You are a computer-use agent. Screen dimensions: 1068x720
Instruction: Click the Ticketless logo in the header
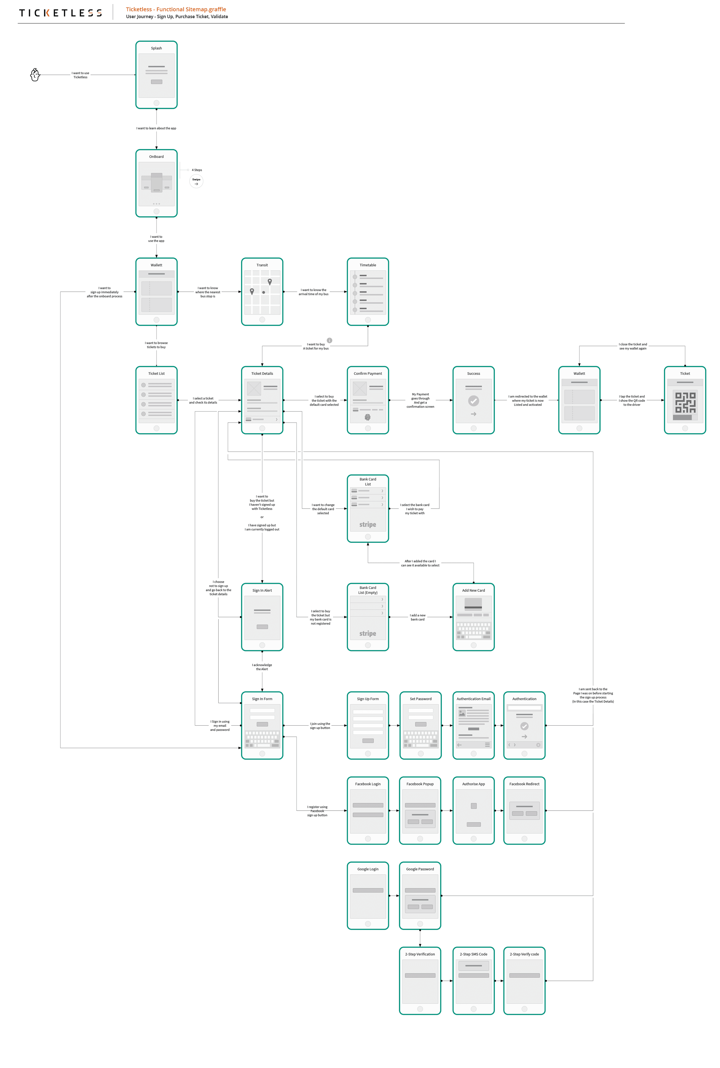pyautogui.click(x=60, y=13)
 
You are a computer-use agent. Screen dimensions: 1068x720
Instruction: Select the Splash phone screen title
pyautogui.click(x=156, y=48)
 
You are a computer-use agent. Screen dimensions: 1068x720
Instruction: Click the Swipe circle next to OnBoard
pyautogui.click(x=196, y=181)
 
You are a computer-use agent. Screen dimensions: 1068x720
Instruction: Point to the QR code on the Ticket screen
pyautogui.click(x=685, y=402)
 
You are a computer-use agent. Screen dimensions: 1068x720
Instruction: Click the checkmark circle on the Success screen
pyautogui.click(x=473, y=401)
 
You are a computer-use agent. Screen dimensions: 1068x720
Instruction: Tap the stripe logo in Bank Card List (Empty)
pyautogui.click(x=367, y=633)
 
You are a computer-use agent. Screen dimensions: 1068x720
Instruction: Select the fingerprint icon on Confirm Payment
pyautogui.click(x=367, y=417)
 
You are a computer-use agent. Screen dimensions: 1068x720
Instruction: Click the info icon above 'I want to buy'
pyautogui.click(x=329, y=340)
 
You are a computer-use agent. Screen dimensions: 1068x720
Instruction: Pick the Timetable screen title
pyautogui.click(x=367, y=265)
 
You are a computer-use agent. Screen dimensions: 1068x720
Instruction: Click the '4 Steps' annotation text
pyautogui.click(x=196, y=170)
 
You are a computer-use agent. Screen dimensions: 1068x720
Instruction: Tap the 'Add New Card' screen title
pyautogui.click(x=473, y=590)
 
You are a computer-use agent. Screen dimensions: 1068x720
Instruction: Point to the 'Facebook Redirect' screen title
pyautogui.click(x=524, y=784)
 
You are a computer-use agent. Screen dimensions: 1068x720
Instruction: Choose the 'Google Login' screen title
pyautogui.click(x=367, y=869)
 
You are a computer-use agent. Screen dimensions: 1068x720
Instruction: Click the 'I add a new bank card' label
pyautogui.click(x=417, y=617)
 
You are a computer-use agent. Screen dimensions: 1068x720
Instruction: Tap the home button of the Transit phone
pyautogui.click(x=262, y=319)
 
